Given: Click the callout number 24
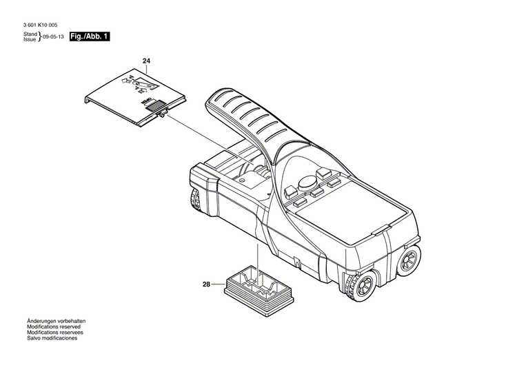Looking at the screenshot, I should (x=146, y=62).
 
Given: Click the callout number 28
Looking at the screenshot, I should (x=205, y=284).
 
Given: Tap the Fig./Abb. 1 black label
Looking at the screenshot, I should (x=90, y=36).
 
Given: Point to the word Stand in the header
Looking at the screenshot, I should (x=30, y=34).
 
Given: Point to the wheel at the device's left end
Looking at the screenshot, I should (x=195, y=200).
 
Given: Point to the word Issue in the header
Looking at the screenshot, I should (x=30, y=40).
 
